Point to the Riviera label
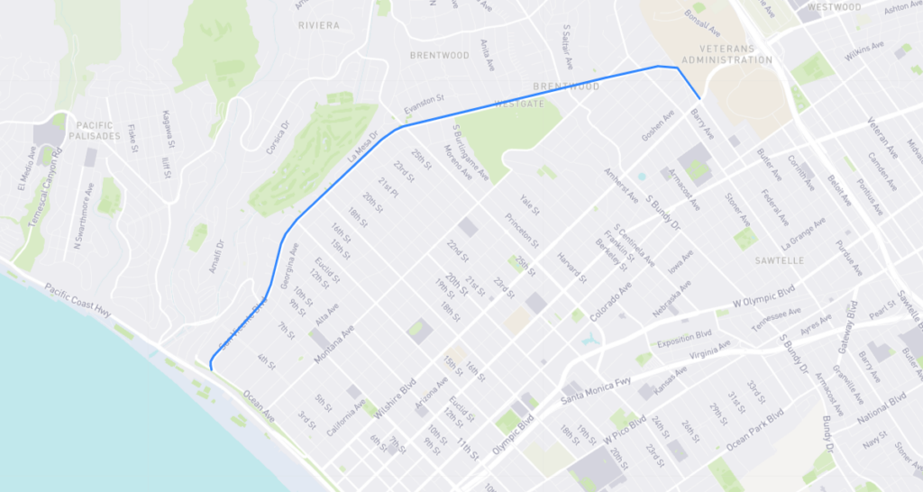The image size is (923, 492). [x=319, y=25]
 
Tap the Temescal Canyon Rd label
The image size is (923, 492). [x=35, y=192]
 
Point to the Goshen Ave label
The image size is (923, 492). [x=658, y=125]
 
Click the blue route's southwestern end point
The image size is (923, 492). [x=210, y=368]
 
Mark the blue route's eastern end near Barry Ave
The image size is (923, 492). [x=699, y=98]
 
